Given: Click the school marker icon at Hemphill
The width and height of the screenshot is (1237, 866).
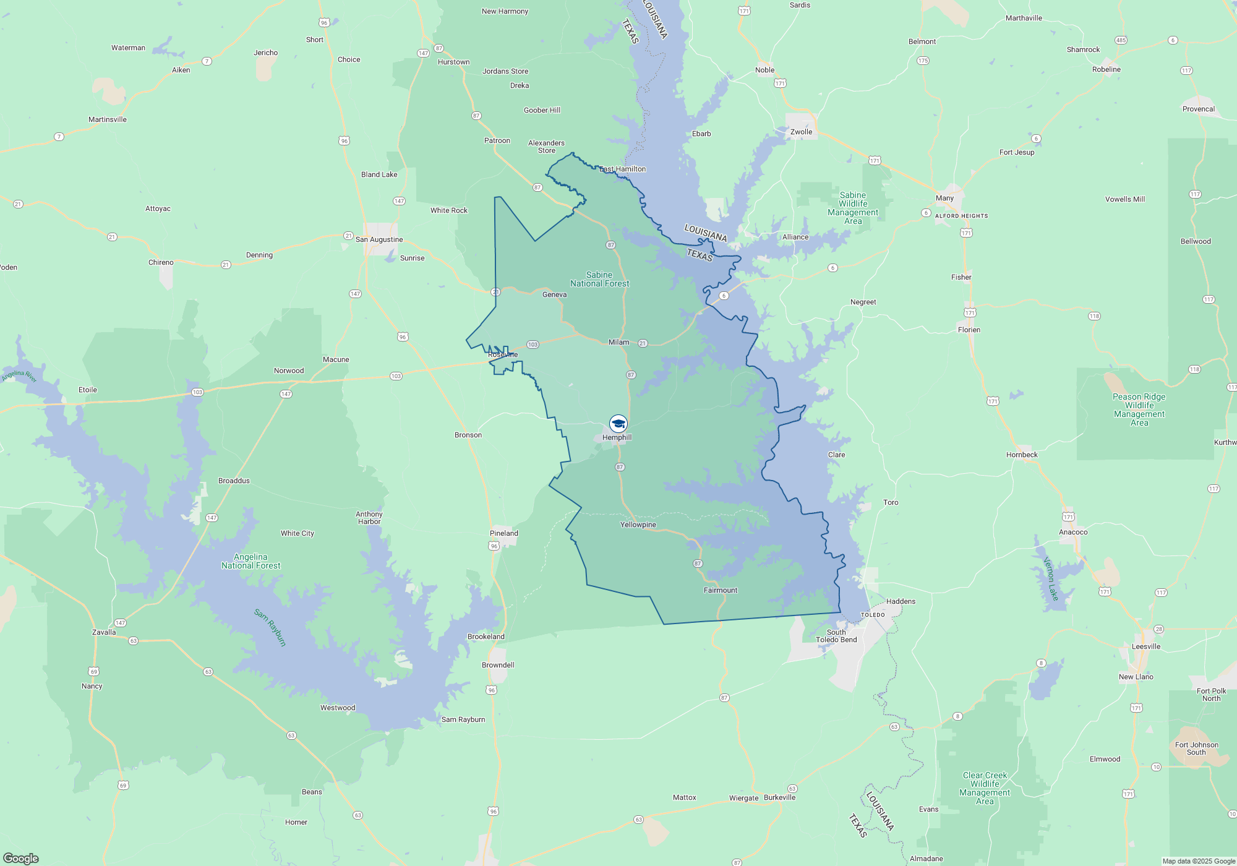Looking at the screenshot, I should (618, 424).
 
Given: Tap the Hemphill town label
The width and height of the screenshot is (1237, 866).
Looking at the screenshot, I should (617, 437).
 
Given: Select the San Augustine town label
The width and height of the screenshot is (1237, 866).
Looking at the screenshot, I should (379, 239).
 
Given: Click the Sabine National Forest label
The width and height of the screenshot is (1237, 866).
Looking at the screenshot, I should (599, 279).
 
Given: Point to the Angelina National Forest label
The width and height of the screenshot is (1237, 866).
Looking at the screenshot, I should (250, 561).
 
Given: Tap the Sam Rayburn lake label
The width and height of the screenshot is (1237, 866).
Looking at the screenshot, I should (270, 627).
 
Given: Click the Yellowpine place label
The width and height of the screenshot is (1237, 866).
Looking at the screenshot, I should (638, 525).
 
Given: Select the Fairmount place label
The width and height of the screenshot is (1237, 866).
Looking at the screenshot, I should (720, 590).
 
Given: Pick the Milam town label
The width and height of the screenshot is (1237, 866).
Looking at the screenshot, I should (618, 342).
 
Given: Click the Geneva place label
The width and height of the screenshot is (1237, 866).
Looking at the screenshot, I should (554, 294).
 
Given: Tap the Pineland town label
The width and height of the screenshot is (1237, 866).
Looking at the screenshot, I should (503, 533).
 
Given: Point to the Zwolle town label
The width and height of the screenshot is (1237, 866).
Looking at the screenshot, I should (801, 132).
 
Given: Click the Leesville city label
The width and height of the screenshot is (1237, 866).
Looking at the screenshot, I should (1145, 646).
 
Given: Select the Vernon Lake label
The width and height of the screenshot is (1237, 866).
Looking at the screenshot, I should (1051, 579).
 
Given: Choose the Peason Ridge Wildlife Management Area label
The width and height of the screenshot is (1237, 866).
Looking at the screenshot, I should (1139, 409).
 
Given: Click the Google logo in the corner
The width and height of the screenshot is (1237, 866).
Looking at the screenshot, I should (21, 858).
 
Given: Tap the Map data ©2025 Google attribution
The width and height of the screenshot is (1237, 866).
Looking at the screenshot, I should (1198, 861).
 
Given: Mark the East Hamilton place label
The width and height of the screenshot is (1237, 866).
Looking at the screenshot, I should (622, 169).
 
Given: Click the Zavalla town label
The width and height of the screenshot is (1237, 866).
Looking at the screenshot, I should (104, 632).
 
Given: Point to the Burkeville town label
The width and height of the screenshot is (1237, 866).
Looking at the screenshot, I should (779, 797).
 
